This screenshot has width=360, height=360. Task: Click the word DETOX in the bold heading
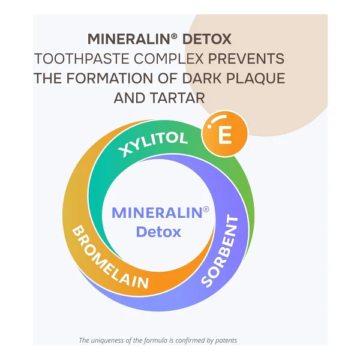coord(206,39)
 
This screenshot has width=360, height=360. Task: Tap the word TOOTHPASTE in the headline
coord(82,59)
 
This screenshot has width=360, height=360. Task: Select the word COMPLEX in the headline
coord(169,59)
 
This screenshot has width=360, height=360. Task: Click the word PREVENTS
coord(246,59)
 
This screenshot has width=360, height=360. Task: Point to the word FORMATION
coord(110,78)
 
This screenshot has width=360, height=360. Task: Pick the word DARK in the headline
coord(202,78)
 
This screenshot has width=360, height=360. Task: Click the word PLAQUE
coord(256,79)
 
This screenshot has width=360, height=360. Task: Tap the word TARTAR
coord(177,98)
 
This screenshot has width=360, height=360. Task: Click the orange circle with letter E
coord(224,134)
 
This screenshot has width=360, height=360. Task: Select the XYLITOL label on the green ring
coord(152,143)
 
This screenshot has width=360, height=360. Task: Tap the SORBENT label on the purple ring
coord(220,251)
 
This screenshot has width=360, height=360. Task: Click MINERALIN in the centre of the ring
coord(157,213)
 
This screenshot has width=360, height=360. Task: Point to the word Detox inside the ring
coord(158,232)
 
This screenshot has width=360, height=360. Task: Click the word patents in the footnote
coord(226,340)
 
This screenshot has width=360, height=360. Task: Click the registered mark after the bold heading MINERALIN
coord(174,36)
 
